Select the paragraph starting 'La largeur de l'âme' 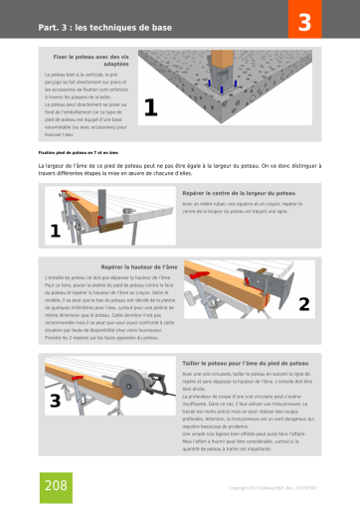pyautogui.click(x=179, y=170)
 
